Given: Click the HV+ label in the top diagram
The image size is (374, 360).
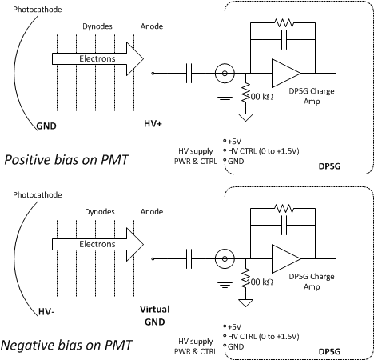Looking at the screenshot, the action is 153,124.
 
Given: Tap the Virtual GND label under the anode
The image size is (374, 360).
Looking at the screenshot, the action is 155,315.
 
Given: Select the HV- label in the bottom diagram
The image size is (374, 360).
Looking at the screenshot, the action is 46,311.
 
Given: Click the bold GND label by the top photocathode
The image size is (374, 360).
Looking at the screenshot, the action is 46,126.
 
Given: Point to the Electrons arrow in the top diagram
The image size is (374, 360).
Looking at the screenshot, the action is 97,58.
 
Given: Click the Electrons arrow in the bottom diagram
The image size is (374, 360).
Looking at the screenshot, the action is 97,244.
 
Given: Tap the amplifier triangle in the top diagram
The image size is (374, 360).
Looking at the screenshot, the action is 286,73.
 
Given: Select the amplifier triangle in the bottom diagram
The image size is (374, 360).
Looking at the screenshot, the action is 286,258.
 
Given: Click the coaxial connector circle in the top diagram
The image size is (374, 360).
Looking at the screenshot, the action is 225,64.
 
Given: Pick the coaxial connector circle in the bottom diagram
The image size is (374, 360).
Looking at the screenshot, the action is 225,250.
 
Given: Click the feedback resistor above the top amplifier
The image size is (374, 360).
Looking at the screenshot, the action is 284,23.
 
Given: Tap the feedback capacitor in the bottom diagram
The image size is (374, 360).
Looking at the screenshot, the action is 284,226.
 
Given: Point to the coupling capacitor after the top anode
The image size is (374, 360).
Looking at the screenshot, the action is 189,73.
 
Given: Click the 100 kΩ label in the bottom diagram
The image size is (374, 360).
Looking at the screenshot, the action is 261,282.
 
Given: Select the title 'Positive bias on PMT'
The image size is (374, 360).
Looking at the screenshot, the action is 66,160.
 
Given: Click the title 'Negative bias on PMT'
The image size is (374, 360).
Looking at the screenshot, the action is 66,345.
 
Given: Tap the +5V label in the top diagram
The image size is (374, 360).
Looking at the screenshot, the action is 235,141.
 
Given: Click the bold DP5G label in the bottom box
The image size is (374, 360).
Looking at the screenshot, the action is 330,352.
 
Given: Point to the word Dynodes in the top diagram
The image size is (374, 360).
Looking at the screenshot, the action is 97,26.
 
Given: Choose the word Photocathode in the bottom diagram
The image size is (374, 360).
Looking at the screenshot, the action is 38,195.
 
